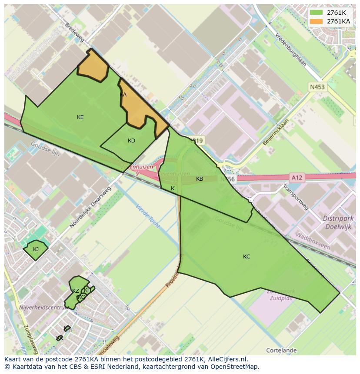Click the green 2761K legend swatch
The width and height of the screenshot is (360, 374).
pyautogui.click(x=317, y=13)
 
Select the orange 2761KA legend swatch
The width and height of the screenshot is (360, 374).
pyautogui.click(x=317, y=21)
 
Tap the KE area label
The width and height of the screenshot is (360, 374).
pyautogui.click(x=80, y=117)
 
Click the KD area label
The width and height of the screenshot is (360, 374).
pyautogui.click(x=131, y=140)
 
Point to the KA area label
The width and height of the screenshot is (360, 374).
pyautogui.click(x=123, y=94)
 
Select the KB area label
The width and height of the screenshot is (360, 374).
pyautogui.click(x=200, y=179)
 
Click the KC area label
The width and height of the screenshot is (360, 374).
pyautogui.click(x=247, y=256)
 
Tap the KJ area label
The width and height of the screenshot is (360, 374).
pyautogui.click(x=36, y=249)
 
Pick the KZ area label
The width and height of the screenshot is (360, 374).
pyautogui.click(x=76, y=291)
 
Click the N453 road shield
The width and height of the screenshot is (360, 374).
pyautogui.click(x=317, y=87)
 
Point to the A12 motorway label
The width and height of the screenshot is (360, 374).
pyautogui.click(x=297, y=177)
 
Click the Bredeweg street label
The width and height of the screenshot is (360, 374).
pyautogui.click(x=74, y=33)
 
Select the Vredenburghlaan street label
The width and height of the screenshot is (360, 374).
pyautogui.click(x=290, y=50)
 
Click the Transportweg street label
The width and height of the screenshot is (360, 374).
pyautogui.click(x=296, y=197)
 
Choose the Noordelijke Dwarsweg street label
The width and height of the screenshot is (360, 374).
pyautogui.click(x=90, y=207)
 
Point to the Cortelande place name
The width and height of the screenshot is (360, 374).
pyautogui.click(x=281, y=350)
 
